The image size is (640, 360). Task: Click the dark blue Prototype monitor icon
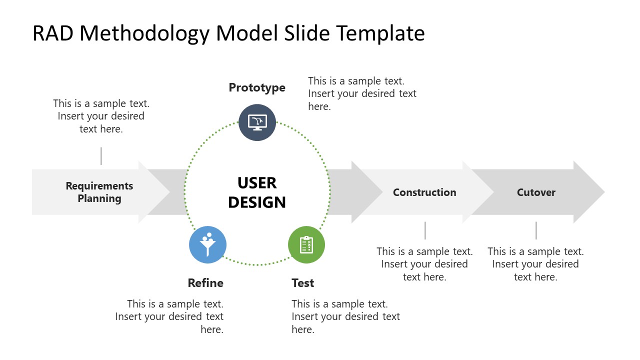click(x=257, y=122)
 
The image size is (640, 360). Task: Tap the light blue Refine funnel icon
click(x=207, y=244)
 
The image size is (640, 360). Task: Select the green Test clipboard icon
click(x=306, y=244)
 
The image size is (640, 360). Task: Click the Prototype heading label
click(x=257, y=87)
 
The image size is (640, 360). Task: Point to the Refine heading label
click(x=205, y=283)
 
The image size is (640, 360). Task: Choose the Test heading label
click(x=303, y=283)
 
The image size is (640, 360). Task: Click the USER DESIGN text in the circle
click(x=257, y=192)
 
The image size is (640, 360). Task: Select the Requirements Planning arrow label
click(x=99, y=192)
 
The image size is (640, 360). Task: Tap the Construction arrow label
click(x=424, y=192)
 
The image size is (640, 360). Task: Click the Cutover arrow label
click(x=536, y=192)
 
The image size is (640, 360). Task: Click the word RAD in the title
click(x=52, y=33)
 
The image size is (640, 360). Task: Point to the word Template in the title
click(x=380, y=33)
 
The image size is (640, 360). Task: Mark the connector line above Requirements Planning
click(x=101, y=156)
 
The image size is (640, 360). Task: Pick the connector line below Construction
click(x=425, y=230)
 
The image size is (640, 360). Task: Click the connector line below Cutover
click(x=536, y=230)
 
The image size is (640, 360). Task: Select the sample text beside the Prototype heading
click(x=362, y=93)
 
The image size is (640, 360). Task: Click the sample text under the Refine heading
click(x=169, y=316)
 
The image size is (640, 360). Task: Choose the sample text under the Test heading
click(x=345, y=316)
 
